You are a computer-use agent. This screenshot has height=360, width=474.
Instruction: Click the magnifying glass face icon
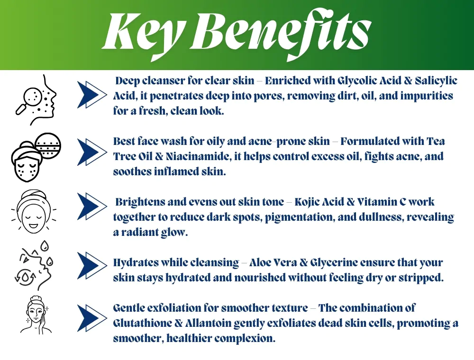pos(36,99)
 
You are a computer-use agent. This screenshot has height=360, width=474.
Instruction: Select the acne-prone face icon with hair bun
pos(36,157)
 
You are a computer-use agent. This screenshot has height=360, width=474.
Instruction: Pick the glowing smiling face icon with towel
pos(34,212)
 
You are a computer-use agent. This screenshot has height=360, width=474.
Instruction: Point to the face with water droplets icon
pos(34,266)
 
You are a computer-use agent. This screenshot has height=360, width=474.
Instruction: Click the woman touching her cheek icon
pos(36,315)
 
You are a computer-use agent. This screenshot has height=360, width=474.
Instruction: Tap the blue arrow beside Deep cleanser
pos(92,95)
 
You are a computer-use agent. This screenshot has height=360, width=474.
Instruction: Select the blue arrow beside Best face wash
pos(92,152)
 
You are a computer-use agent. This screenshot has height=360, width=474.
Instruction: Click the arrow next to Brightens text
pos(92,206)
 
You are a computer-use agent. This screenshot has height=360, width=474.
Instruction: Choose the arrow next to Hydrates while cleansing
pos(92,265)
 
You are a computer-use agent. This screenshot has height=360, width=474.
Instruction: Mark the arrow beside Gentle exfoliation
pos(92,318)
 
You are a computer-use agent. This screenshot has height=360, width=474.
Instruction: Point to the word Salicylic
pos(436,81)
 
